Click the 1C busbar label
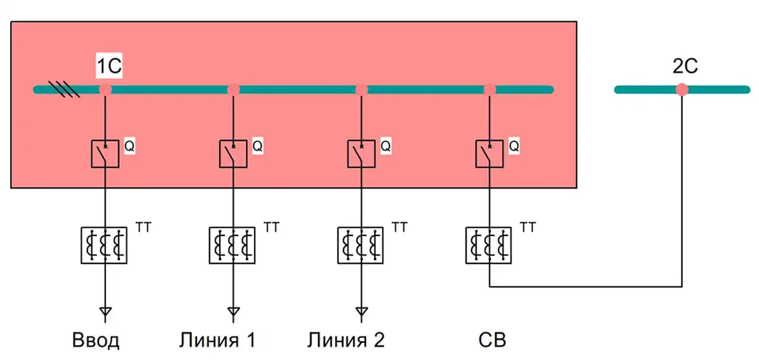click(109, 66)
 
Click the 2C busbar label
click(685, 66)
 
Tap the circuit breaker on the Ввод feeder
click(105, 154)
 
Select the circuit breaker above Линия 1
click(233, 154)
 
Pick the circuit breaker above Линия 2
click(361, 154)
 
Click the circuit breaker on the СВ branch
click(489, 154)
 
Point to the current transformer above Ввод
click(104, 246)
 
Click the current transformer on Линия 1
click(232, 246)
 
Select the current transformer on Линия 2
click(361, 246)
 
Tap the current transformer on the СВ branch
click(489, 246)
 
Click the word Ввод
click(96, 340)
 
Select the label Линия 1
click(217, 340)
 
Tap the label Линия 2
click(346, 340)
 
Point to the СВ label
click(492, 340)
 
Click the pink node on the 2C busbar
click(682, 90)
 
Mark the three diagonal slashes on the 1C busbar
click(64, 89)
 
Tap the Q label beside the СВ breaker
click(514, 146)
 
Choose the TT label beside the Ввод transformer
click(143, 227)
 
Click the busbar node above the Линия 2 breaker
click(361, 90)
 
